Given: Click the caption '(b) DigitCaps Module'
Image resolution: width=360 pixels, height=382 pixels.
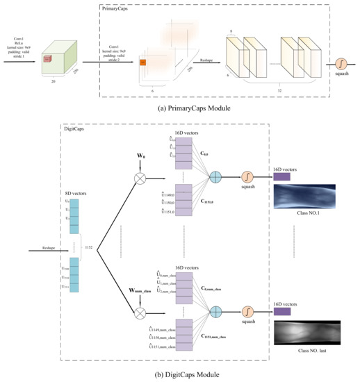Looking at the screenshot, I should click(179, 375).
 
